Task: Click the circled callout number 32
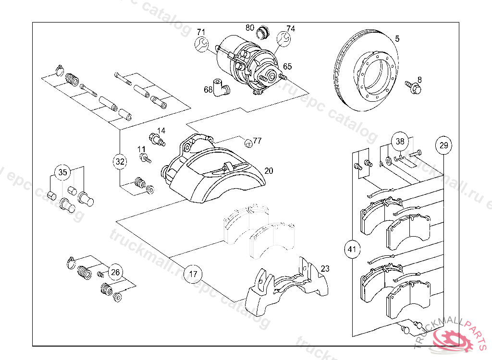120,162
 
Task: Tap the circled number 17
193,275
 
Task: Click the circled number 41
353,249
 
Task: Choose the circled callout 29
443,145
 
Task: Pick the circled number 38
400,142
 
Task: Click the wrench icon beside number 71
202,45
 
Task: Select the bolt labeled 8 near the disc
414,87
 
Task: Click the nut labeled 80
262,33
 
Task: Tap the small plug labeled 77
248,143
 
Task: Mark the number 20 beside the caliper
269,171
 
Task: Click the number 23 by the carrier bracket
325,269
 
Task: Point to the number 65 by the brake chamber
287,66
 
